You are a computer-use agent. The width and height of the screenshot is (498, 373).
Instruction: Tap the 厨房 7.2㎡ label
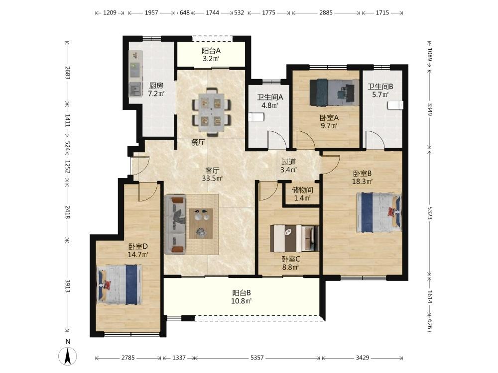click(x=156, y=89)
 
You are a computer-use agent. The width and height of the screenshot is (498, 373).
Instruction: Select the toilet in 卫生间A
click(x=256, y=117)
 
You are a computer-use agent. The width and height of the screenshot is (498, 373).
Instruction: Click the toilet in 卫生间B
click(x=395, y=105)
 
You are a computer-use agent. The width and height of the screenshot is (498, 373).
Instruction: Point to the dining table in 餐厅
click(x=211, y=112)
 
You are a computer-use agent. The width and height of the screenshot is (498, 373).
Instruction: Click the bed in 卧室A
click(x=334, y=92)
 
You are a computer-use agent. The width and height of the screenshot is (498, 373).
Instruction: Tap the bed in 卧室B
click(x=378, y=212)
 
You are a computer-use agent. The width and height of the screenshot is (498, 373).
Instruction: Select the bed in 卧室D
click(x=119, y=285)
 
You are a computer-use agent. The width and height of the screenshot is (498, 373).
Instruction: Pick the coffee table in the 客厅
click(x=201, y=223)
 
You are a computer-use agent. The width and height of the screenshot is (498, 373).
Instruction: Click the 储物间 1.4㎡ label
click(x=302, y=194)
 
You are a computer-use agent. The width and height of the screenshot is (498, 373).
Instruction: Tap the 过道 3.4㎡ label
click(x=289, y=166)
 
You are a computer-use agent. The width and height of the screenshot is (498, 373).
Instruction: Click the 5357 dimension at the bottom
click(x=257, y=358)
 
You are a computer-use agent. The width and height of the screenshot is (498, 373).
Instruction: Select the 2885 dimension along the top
click(x=326, y=13)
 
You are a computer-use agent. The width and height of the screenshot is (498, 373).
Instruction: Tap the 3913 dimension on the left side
click(x=67, y=286)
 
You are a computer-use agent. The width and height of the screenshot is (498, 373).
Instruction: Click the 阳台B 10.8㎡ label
click(x=242, y=297)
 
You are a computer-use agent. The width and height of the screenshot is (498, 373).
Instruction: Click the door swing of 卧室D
click(x=148, y=191)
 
